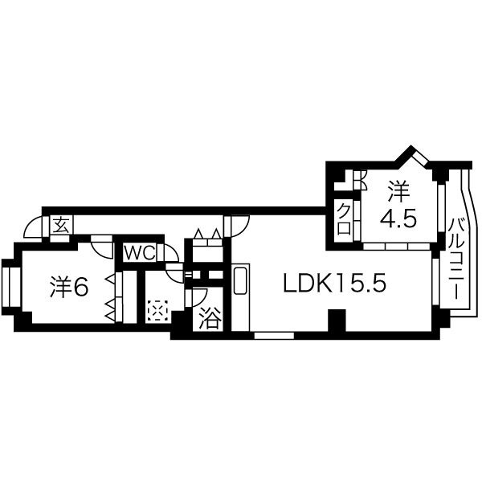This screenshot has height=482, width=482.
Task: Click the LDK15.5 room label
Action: [x=334, y=283]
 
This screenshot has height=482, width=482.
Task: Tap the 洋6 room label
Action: [x=69, y=287]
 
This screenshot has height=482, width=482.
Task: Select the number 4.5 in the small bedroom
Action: [x=398, y=219]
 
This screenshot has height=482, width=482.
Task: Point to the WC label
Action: [x=139, y=253]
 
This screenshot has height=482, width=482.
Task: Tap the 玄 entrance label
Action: [x=62, y=225]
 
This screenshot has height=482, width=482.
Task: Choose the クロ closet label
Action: [x=344, y=219]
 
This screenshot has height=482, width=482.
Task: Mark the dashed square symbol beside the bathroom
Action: [x=157, y=311]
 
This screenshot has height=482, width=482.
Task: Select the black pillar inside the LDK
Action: [x=337, y=320]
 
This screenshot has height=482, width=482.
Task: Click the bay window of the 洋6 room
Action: [x=10, y=287]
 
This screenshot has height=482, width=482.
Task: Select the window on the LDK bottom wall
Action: [x=274, y=335]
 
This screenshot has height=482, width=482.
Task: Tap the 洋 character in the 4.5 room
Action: [x=398, y=191]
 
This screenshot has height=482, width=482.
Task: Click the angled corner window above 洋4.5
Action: [x=419, y=157]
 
